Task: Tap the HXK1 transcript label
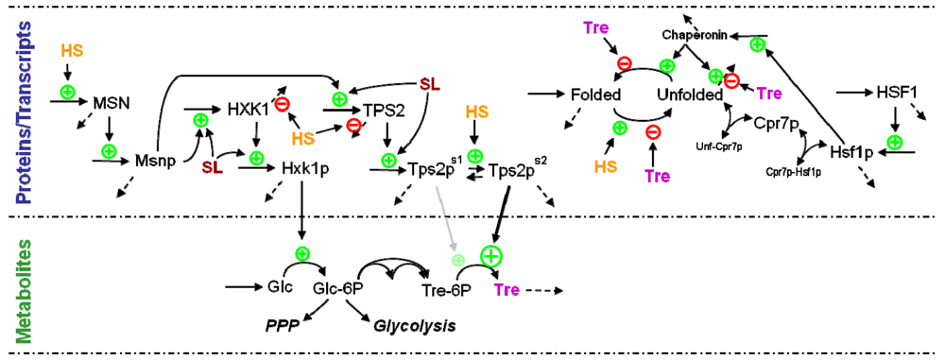click(249, 109)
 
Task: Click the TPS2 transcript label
click(384, 109)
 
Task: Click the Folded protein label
click(595, 95)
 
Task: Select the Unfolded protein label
click(690, 95)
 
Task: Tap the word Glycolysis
click(415, 326)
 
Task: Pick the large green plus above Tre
click(491, 255)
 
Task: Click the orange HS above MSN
click(72, 48)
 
